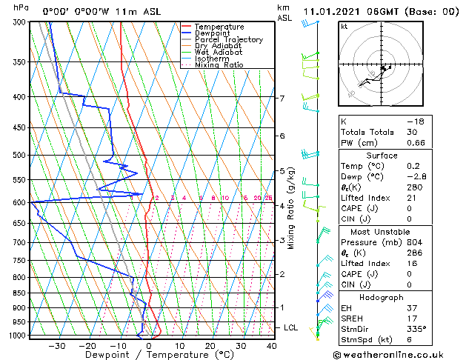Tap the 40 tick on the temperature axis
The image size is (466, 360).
[272, 346]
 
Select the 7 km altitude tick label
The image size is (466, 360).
[282, 99]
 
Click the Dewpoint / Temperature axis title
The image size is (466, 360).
[150, 355]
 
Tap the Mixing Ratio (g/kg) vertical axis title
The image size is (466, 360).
[291, 208]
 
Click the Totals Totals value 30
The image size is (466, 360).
[412, 132]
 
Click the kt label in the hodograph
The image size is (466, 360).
[344, 27]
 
